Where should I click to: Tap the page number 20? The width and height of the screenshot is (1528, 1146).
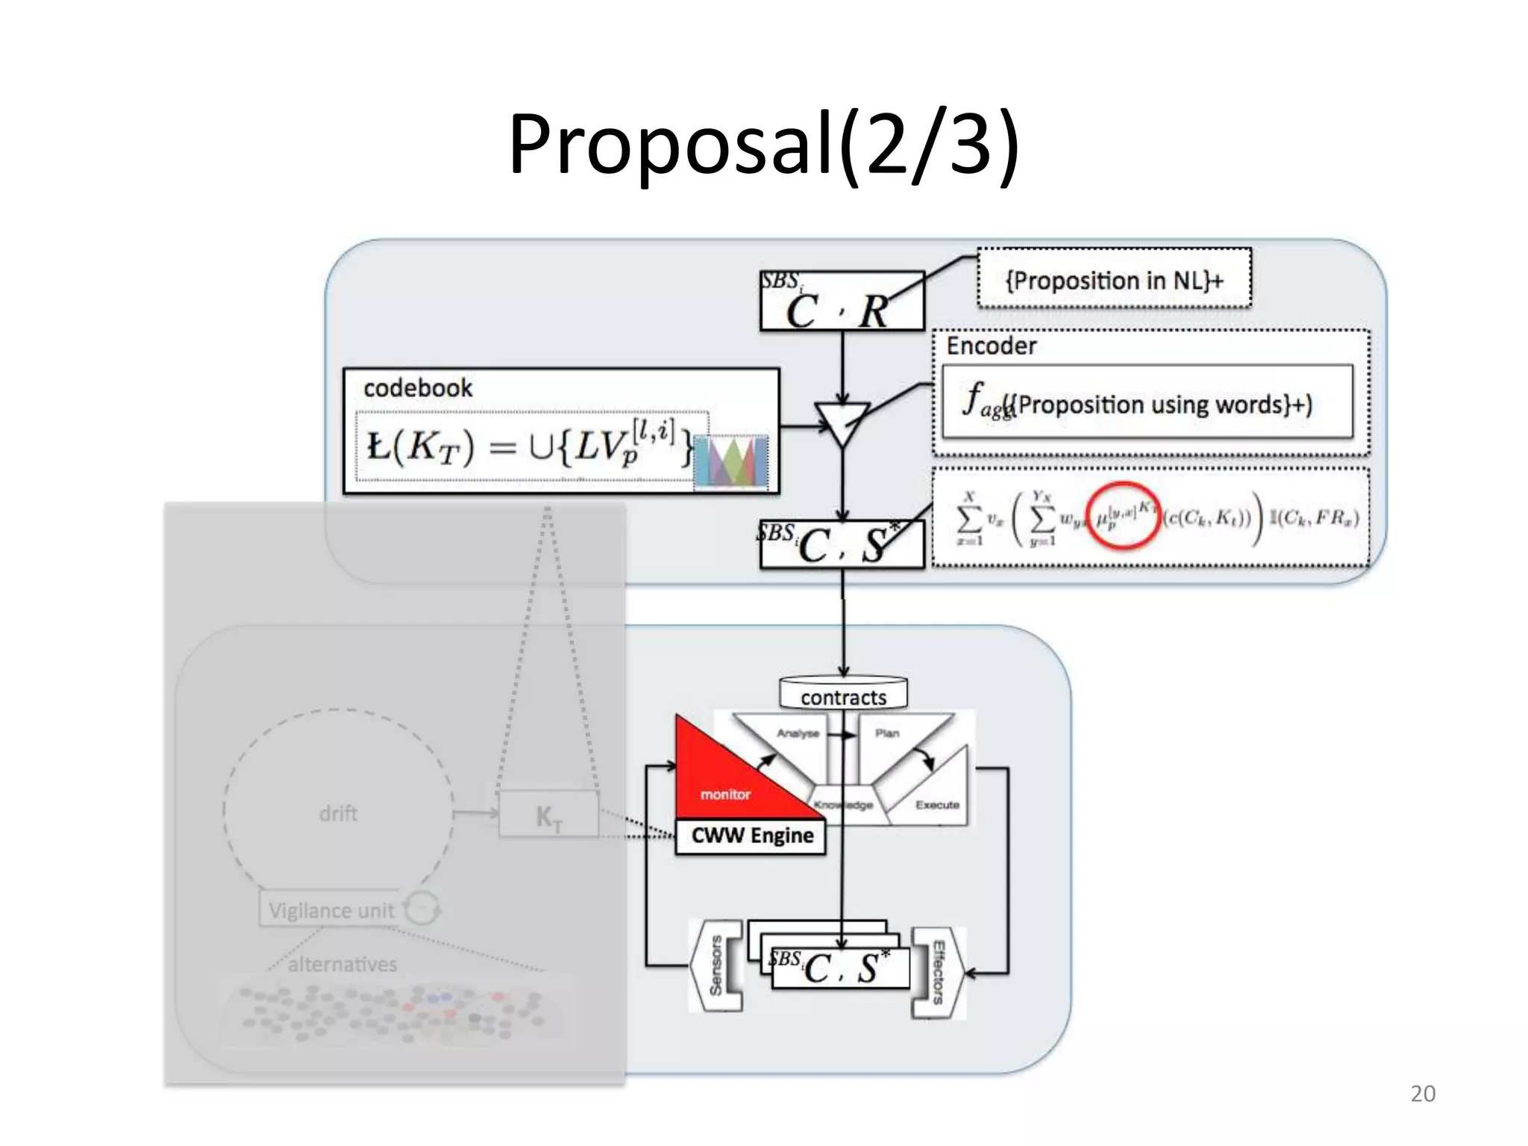(x=1422, y=1094)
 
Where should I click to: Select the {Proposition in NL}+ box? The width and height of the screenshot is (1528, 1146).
(x=1114, y=280)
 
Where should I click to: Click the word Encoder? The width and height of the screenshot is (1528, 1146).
(x=991, y=346)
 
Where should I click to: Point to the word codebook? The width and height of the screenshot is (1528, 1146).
(x=417, y=388)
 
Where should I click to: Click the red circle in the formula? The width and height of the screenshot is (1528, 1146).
(x=1123, y=516)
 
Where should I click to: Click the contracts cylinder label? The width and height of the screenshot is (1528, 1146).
(x=843, y=698)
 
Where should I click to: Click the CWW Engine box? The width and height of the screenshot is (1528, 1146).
(x=751, y=836)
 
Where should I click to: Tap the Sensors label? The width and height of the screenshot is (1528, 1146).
(x=716, y=965)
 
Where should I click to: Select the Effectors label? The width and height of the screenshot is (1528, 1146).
(x=939, y=972)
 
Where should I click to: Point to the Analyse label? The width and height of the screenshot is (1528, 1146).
(x=798, y=733)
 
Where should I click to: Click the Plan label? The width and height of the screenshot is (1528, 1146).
(x=887, y=733)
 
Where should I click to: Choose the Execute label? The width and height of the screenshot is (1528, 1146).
(x=937, y=805)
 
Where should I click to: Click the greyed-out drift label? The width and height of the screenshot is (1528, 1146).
(x=338, y=813)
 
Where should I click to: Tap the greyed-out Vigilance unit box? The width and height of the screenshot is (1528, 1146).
(x=331, y=910)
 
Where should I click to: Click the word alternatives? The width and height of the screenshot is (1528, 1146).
(x=342, y=964)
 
